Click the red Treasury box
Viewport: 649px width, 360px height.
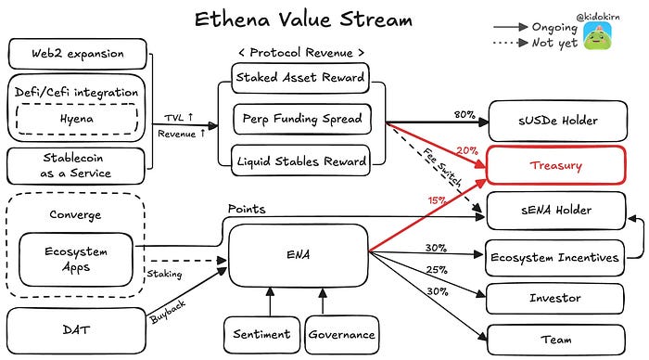[x=556, y=165]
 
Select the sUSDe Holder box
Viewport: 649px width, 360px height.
[x=557, y=121]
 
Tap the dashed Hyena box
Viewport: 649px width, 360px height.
[x=77, y=119]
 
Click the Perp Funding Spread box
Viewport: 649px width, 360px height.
[x=301, y=119]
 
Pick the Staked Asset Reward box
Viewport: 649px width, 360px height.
[x=300, y=77]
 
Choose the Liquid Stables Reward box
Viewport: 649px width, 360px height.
[x=301, y=161]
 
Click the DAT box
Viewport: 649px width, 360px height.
[x=77, y=330]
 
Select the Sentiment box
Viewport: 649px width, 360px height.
[x=261, y=335]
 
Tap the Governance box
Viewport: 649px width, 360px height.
[x=341, y=335]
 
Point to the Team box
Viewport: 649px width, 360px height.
[x=556, y=340]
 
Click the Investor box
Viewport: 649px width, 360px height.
[x=554, y=298]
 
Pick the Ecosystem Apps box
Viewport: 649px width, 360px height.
[x=76, y=260]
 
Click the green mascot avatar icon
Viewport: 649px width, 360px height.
[x=597, y=35]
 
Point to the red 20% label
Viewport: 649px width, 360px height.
[x=467, y=151]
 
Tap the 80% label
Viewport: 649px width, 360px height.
[x=464, y=114]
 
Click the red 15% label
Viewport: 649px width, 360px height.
[x=437, y=200]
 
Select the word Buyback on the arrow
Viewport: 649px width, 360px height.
[x=168, y=312]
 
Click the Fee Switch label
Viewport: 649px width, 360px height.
[x=442, y=168]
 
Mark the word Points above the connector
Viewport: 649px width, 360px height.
[x=247, y=209]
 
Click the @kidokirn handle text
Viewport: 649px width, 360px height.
[x=598, y=17]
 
